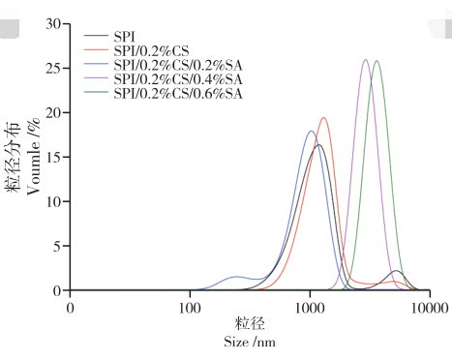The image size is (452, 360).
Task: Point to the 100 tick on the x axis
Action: click(190, 307)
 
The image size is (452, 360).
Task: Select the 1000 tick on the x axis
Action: click(310, 307)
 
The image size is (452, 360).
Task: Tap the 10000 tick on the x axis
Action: click(429, 307)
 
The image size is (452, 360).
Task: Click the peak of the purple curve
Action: click(365, 60)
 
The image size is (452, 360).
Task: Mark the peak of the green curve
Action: click(377, 61)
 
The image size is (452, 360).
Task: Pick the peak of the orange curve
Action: click(323, 118)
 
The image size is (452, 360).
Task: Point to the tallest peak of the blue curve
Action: click(311, 131)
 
